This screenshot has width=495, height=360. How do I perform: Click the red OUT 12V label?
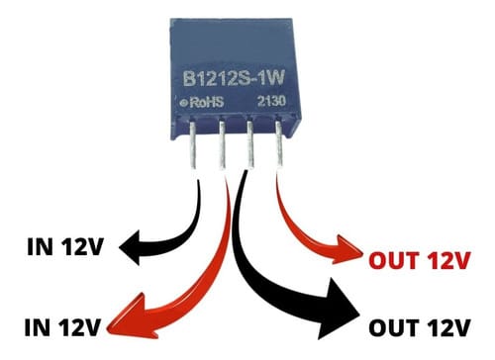(x=417, y=261)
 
